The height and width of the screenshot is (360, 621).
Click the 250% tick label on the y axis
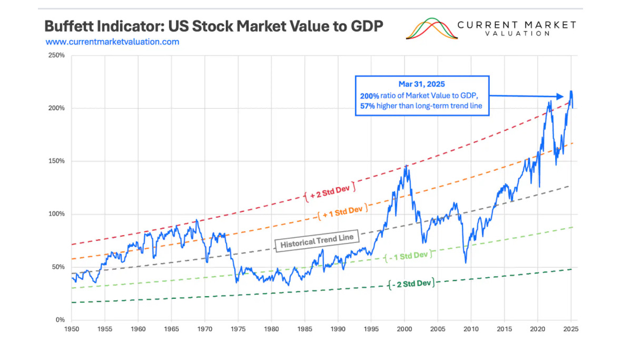[56, 55]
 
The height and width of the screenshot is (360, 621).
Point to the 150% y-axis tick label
[56, 161]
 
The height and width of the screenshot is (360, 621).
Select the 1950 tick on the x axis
[72, 329]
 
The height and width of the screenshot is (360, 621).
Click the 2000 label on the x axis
[405, 329]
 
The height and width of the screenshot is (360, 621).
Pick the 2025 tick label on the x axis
[571, 329]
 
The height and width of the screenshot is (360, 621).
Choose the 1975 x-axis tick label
[238, 329]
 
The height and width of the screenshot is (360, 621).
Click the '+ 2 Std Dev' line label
[330, 191]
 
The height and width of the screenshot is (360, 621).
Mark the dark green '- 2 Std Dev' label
[411, 284]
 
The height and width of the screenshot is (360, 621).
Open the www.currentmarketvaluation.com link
[112, 42]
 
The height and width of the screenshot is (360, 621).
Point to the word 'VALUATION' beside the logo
[516, 33]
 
